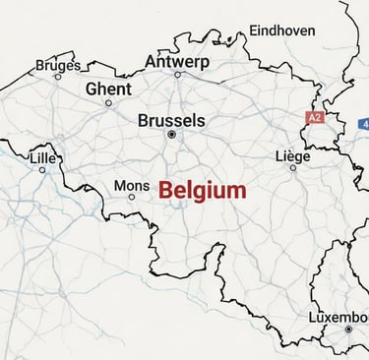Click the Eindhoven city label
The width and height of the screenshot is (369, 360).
[282, 30]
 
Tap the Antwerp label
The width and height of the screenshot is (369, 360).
[177, 61]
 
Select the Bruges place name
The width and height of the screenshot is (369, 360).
[58, 65]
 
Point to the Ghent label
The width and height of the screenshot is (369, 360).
[108, 89]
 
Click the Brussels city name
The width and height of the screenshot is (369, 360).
[171, 120]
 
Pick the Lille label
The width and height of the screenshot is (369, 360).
[43, 157]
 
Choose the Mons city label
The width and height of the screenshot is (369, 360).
[132, 185]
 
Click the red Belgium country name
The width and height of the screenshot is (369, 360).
[203, 190]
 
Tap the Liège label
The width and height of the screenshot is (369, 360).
[292, 155]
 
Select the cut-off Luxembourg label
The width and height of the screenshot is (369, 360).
[338, 318]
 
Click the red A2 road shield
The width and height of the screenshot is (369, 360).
[314, 117]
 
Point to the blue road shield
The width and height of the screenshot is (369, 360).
[364, 124]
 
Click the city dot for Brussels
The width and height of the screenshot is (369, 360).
[171, 134]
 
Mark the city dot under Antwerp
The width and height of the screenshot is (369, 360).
[178, 74]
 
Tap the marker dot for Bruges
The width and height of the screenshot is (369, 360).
[57, 76]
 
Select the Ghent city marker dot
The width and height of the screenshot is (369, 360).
[108, 102]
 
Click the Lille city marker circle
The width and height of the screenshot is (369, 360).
[42, 169]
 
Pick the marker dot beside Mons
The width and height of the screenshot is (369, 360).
[132, 197]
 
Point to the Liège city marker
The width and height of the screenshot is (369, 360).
[292, 167]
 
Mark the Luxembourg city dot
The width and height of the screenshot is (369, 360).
[347, 330]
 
